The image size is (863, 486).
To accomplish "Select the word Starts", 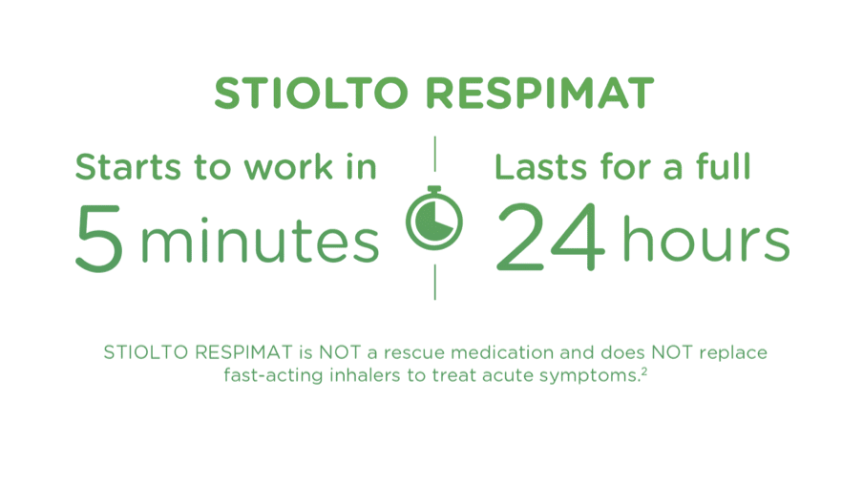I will [127, 167].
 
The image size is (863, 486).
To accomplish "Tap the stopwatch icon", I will [433, 219].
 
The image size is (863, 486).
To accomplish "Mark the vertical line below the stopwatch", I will [434, 283].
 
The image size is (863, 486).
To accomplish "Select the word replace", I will [732, 353].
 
